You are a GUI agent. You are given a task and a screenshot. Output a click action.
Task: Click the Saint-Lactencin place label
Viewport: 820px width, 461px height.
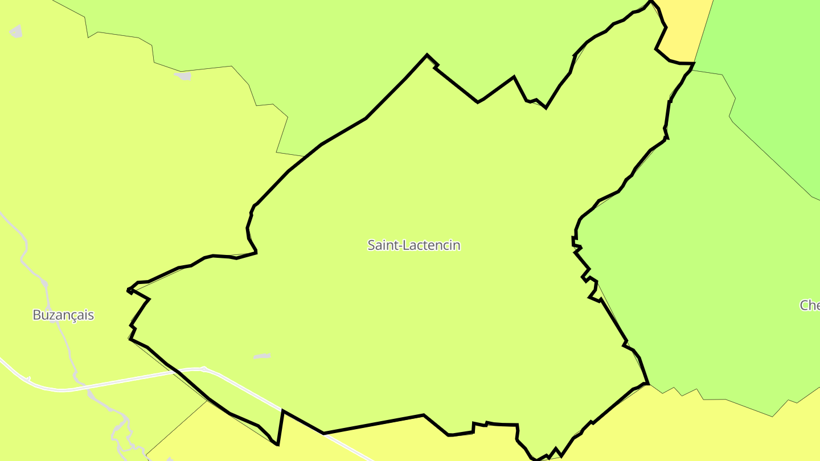point(413,245)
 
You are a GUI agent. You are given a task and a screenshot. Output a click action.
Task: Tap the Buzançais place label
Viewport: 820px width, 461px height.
point(63,315)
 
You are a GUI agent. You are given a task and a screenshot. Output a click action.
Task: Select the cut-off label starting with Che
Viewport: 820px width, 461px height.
point(809,306)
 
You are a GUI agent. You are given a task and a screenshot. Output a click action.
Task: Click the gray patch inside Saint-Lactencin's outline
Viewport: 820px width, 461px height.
point(262,356)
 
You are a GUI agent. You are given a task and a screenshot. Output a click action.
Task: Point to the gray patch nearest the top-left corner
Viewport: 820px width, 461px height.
point(17,31)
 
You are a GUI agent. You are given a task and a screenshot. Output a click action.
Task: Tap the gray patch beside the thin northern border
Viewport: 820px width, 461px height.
point(183,76)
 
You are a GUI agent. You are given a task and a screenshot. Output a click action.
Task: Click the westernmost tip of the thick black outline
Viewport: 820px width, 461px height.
point(128,291)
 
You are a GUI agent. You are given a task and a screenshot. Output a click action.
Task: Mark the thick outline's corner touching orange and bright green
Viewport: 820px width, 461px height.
point(694,64)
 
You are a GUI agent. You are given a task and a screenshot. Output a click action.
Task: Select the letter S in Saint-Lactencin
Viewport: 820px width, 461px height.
point(371,245)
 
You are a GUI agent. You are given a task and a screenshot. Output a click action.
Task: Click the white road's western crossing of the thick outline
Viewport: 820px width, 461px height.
point(174,371)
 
